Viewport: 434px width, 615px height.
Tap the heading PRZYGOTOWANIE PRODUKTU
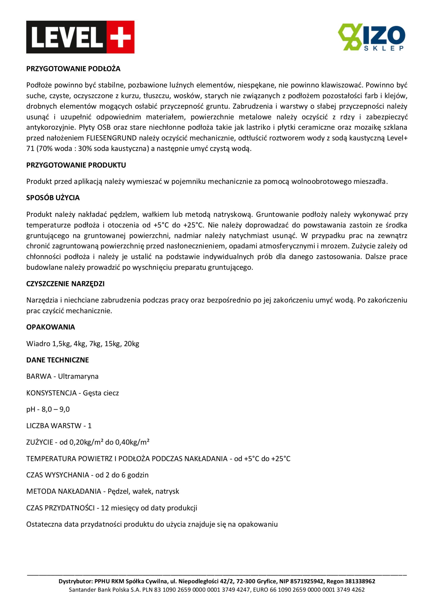click(x=76, y=165)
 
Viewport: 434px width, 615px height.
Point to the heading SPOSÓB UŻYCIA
click(x=53, y=198)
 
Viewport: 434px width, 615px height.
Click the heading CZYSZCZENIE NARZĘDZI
click(x=65, y=284)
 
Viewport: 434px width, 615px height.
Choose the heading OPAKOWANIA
click(x=51, y=327)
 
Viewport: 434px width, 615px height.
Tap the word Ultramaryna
click(x=78, y=376)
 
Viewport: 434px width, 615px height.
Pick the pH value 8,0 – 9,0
click(x=56, y=409)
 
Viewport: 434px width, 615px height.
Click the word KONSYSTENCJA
click(x=51, y=393)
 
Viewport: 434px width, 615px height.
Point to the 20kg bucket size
click(x=132, y=344)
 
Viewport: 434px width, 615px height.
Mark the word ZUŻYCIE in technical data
click(x=40, y=442)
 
